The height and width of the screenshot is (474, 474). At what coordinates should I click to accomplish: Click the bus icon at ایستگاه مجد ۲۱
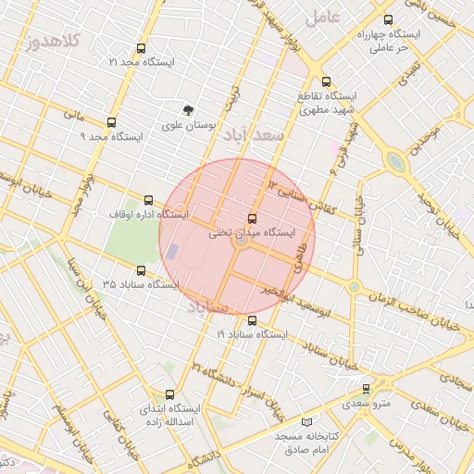[x=141, y=48]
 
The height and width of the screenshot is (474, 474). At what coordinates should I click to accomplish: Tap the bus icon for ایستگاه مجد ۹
[x=112, y=122]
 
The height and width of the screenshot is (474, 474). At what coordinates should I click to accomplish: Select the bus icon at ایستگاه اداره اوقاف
[x=149, y=200]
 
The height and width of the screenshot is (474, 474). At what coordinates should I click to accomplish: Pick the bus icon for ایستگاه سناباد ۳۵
[x=141, y=270]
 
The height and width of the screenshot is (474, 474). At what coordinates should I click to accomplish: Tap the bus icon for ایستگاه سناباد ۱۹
[x=252, y=320]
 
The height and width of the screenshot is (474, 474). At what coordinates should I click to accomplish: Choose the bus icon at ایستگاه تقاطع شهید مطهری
[x=325, y=81]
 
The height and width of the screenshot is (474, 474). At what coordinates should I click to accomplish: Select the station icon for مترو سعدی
[x=367, y=390]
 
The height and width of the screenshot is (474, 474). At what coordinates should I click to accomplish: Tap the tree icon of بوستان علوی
[x=190, y=110]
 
